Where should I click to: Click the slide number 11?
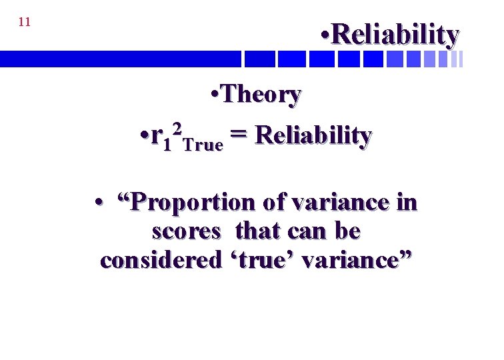click(x=25, y=22)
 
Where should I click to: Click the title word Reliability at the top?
click(x=395, y=34)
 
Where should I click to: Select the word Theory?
click(x=261, y=95)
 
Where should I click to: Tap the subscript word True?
click(x=203, y=144)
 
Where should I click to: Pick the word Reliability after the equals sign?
click(x=313, y=136)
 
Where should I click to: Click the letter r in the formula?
click(x=157, y=135)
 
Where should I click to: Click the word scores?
click(x=186, y=231)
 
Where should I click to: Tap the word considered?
click(x=160, y=260)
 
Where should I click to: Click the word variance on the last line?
click(x=357, y=260)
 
